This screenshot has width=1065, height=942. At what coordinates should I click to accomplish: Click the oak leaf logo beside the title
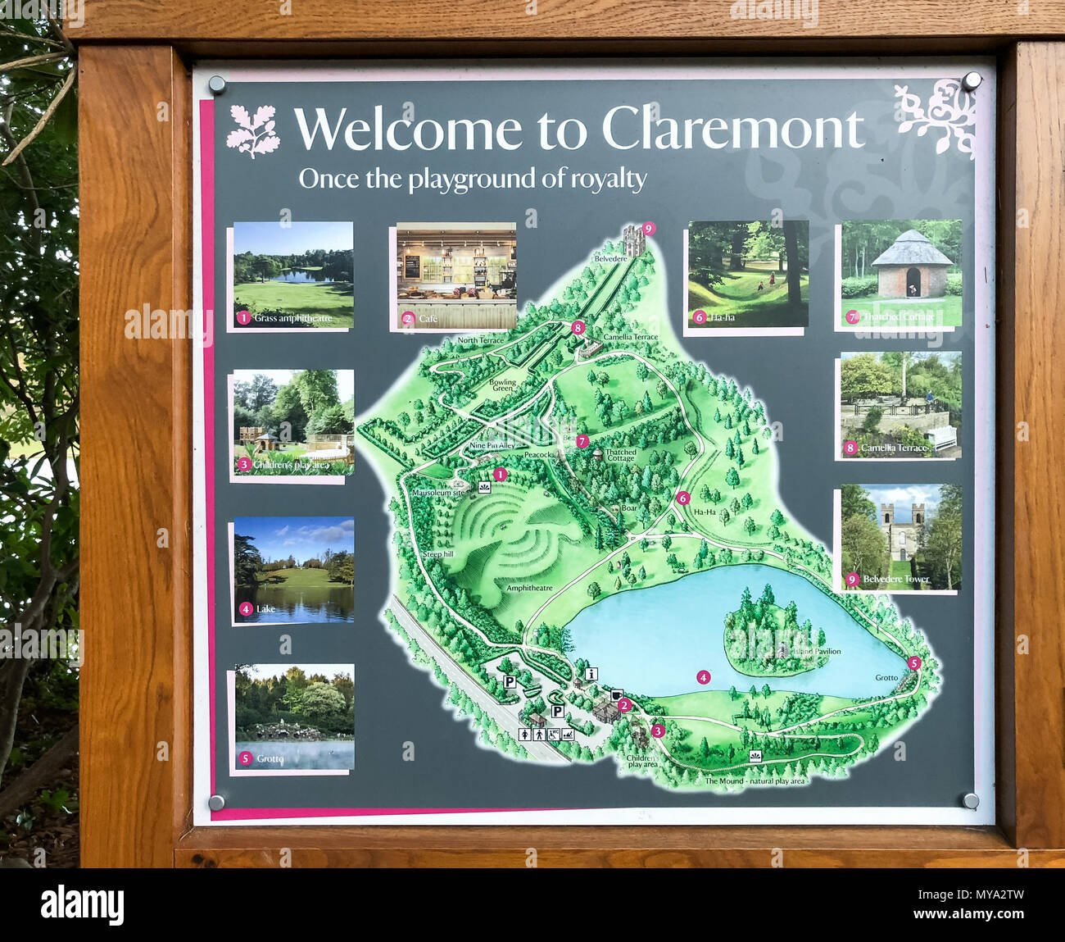[x=253, y=130]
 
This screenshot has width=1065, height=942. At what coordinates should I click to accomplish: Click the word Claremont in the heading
[x=732, y=130]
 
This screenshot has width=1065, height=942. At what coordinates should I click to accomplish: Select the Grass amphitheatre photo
[x=293, y=275]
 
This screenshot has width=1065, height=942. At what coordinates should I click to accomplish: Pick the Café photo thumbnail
[x=456, y=275]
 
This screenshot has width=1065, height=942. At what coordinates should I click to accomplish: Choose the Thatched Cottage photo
[x=901, y=273]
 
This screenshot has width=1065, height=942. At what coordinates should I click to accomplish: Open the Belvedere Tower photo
[x=901, y=537]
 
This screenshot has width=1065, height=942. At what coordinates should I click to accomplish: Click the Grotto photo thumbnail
[x=294, y=717]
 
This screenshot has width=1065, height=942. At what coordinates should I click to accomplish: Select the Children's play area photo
[x=293, y=422]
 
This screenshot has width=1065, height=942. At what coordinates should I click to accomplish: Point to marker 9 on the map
[x=649, y=228]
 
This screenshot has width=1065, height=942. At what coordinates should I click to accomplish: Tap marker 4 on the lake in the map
[x=703, y=677]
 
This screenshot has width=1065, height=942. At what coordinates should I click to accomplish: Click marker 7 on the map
[x=582, y=441]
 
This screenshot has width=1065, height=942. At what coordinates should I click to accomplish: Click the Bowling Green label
[x=503, y=385]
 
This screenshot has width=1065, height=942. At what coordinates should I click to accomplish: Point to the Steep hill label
[x=438, y=554]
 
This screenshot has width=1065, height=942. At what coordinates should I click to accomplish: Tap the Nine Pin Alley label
[x=492, y=445]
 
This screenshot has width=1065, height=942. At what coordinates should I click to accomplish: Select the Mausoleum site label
[x=438, y=493]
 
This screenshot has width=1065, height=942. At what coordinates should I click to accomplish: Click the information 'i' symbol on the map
[x=591, y=674]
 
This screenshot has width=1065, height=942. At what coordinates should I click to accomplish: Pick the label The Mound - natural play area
[x=755, y=781]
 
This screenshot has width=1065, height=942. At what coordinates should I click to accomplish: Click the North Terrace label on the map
[x=481, y=340]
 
